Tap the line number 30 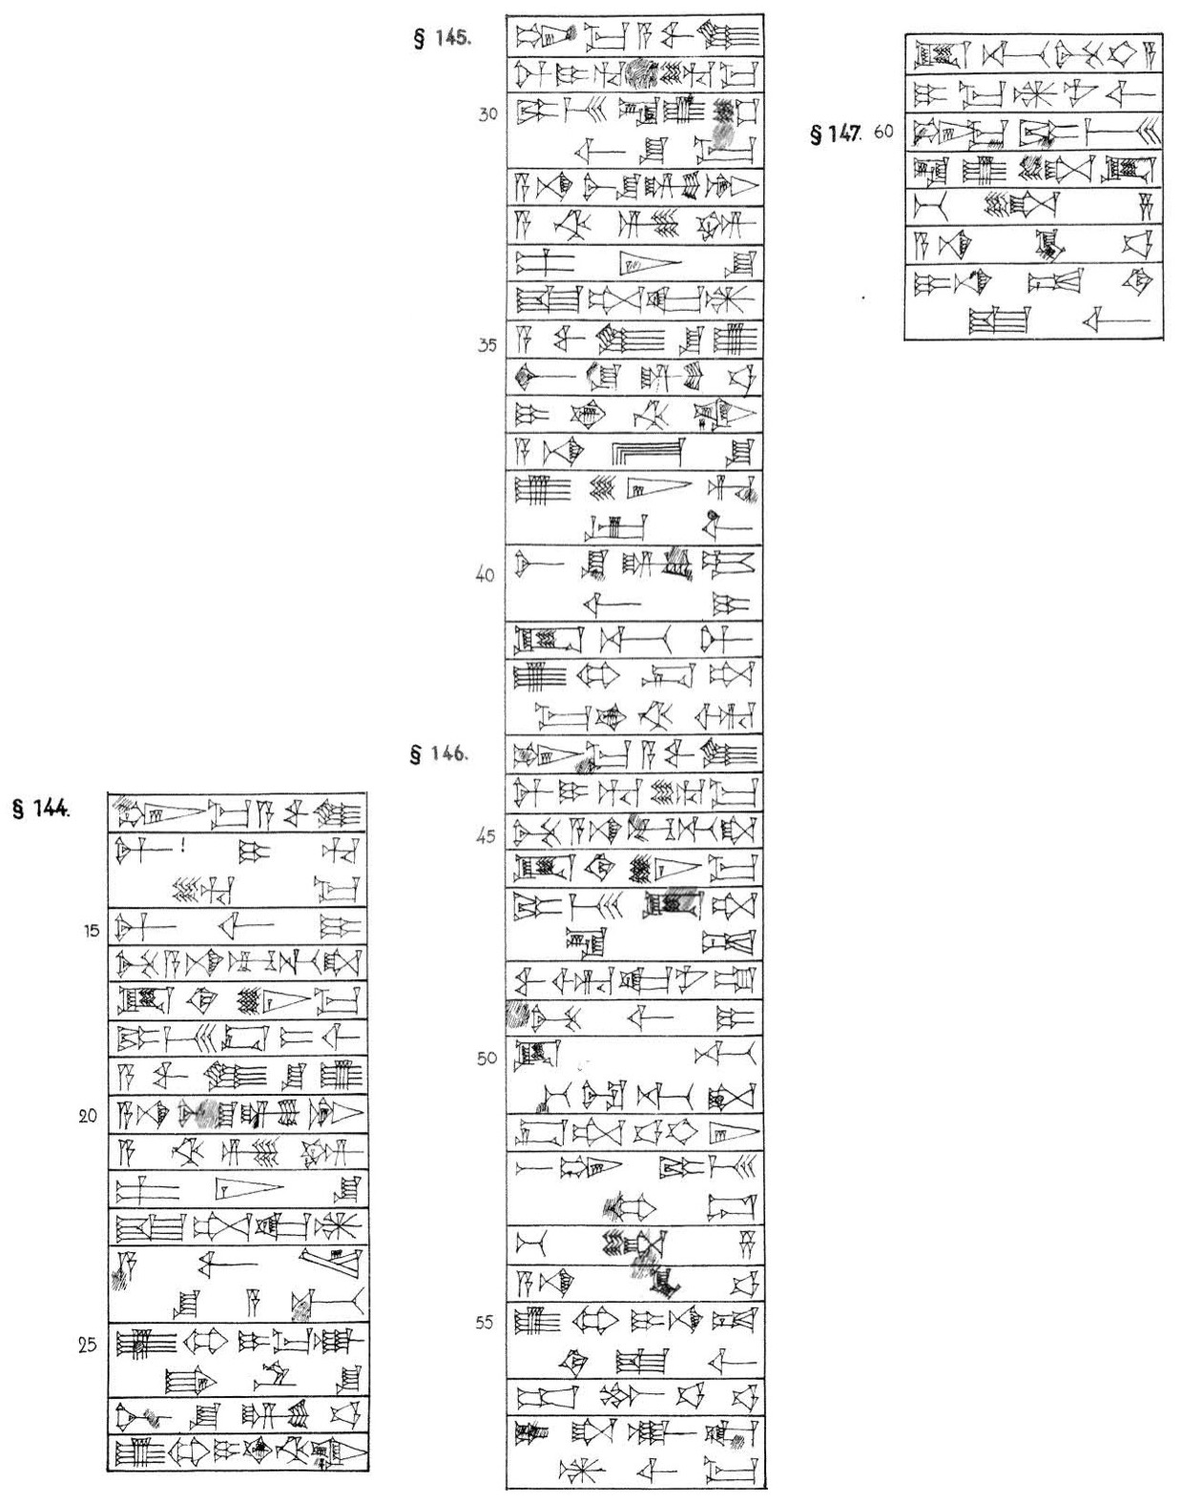[488, 112]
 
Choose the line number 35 [487, 345]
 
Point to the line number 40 [487, 577]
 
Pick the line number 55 [487, 1325]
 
